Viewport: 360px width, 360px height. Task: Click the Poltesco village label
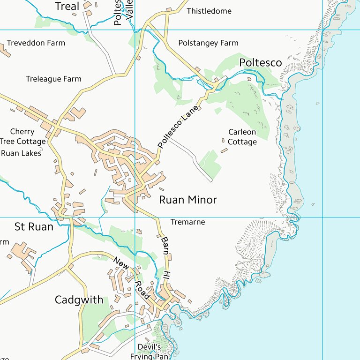click(x=260, y=63)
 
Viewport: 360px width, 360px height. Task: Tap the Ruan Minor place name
click(x=187, y=200)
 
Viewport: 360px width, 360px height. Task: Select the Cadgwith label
click(x=79, y=300)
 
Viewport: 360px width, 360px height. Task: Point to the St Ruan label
click(x=34, y=227)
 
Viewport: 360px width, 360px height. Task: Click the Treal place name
click(x=67, y=6)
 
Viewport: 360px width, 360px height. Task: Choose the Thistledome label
click(x=209, y=11)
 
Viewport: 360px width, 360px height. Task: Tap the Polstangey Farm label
click(x=208, y=43)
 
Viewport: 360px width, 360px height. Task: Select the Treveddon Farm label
click(x=36, y=43)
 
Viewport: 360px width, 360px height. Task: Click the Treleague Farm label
click(x=53, y=79)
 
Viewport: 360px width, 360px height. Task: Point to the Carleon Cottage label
click(x=242, y=137)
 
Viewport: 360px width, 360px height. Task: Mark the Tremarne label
click(x=187, y=222)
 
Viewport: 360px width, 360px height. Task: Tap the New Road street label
click(x=131, y=277)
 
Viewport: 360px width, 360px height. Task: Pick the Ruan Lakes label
click(x=21, y=153)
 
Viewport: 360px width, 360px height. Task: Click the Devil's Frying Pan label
click(x=149, y=352)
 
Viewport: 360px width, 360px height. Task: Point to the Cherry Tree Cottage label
click(x=22, y=136)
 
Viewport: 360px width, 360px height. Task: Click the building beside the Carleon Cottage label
click(x=224, y=150)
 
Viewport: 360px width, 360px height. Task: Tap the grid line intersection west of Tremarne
click(x=135, y=217)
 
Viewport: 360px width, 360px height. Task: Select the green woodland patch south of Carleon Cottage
click(x=210, y=162)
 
